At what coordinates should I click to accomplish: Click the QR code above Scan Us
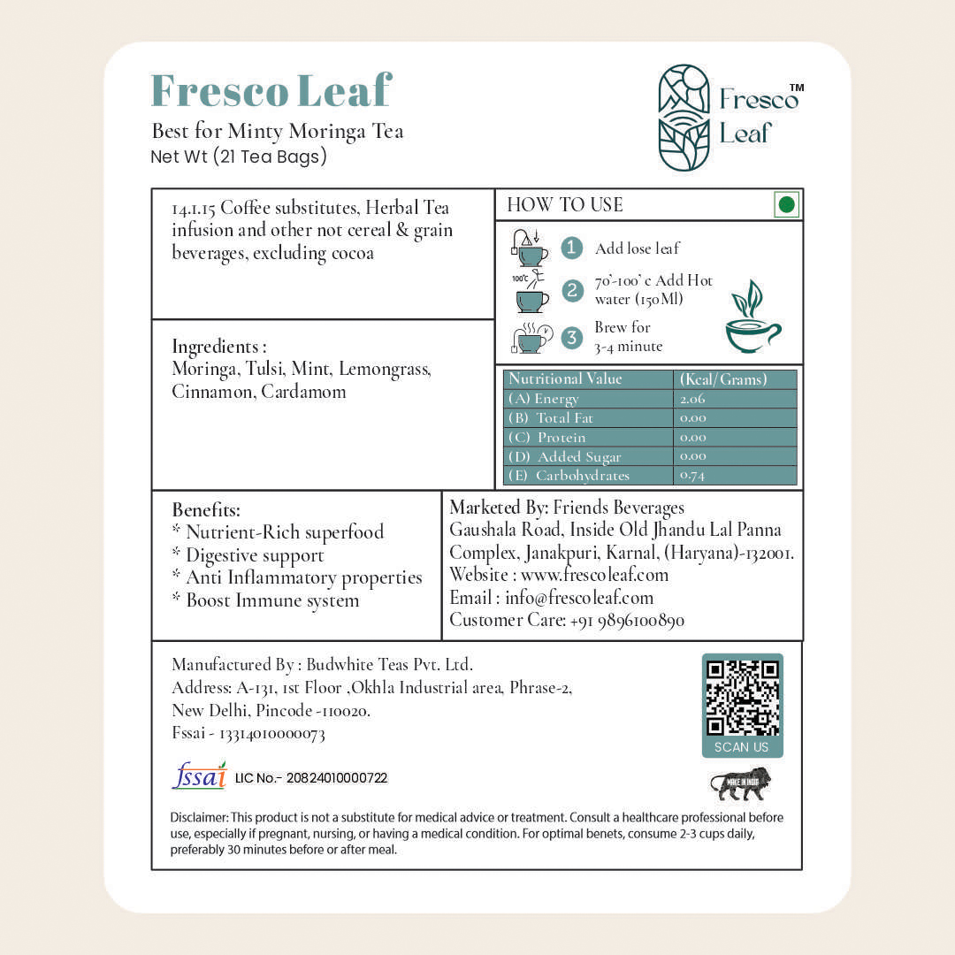pos(743,699)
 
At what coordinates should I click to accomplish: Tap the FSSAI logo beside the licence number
pos(199,775)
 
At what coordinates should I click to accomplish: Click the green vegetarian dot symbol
pos(786,205)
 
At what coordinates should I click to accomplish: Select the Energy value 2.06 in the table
pos(693,399)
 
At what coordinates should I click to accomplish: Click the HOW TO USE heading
pos(565,205)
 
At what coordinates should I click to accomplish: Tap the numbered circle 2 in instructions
pos(572,290)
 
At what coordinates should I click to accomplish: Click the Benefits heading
pos(206,510)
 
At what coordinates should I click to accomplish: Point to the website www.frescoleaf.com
pos(594,575)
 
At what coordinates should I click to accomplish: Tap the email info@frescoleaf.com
pos(579,598)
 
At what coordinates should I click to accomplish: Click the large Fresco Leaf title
pos(271,91)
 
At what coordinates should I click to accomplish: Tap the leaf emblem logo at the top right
pos(684,118)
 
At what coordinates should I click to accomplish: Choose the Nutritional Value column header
pos(566,378)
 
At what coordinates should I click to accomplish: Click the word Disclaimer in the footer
pos(199,818)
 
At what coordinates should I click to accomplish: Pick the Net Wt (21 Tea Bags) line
pos(240,157)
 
